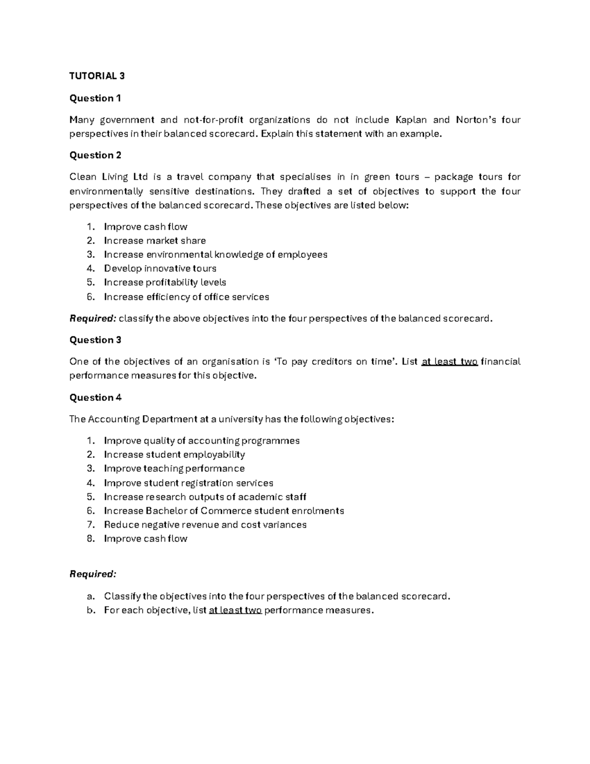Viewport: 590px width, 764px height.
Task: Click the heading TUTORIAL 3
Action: (x=97, y=76)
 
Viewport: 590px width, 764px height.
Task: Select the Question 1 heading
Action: (x=95, y=98)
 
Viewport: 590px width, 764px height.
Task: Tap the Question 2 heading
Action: (x=95, y=155)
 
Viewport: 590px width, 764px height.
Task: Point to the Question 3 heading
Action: (x=95, y=340)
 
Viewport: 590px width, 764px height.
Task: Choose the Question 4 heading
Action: (x=95, y=397)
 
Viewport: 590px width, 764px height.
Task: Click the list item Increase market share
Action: (x=155, y=241)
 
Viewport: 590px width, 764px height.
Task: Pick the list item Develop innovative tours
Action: (x=160, y=269)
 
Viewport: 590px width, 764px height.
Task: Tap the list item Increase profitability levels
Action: (x=165, y=282)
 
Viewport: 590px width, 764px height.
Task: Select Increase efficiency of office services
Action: (x=186, y=297)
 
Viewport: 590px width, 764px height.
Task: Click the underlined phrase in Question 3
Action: (x=449, y=362)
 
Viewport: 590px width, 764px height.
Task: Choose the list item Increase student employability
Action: (x=174, y=455)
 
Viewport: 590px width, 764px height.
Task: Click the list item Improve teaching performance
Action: (x=174, y=468)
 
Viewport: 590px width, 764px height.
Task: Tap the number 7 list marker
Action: (x=90, y=525)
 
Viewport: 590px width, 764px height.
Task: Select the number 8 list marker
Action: (x=90, y=539)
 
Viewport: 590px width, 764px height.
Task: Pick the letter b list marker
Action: (x=90, y=611)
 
